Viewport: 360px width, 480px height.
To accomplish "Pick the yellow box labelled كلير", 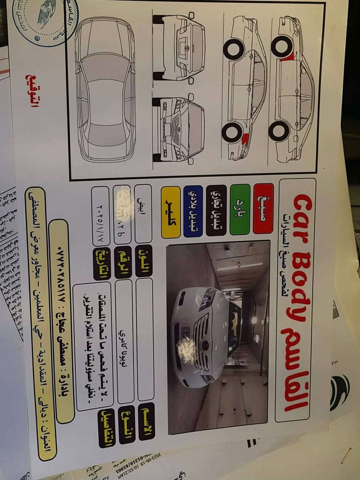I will (x=171, y=212).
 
